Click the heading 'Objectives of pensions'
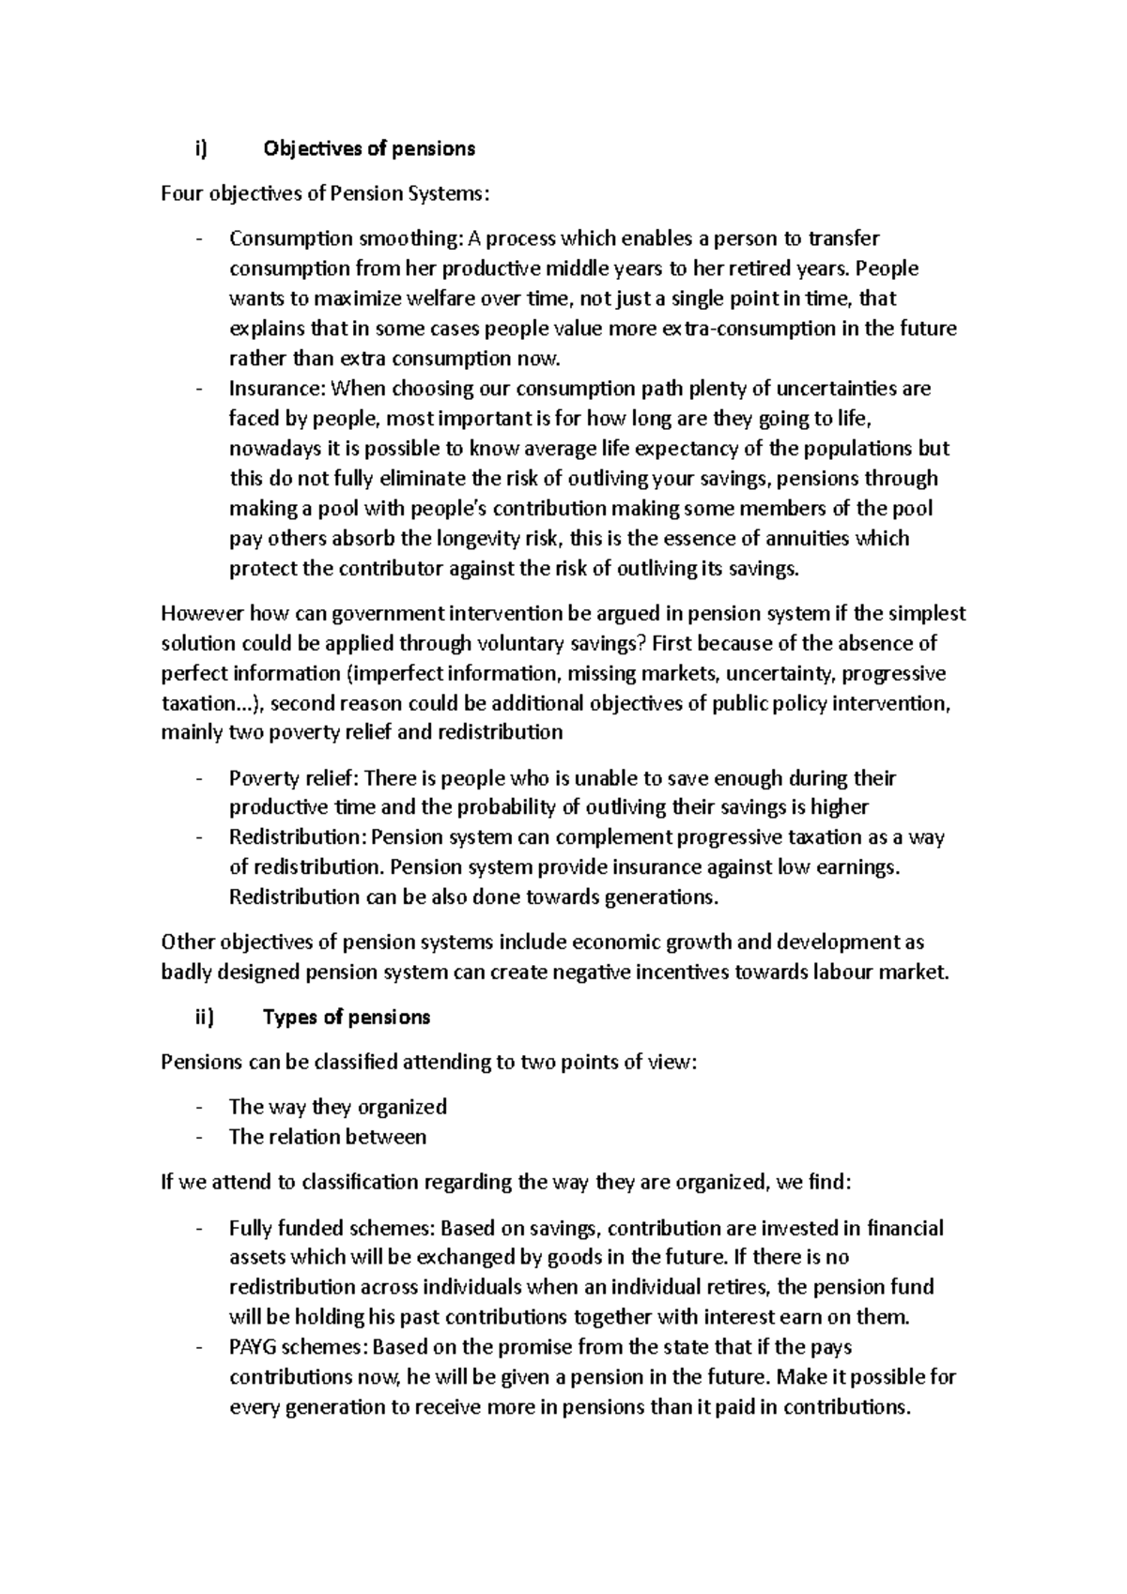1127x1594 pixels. point(369,148)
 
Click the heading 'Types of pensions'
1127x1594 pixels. point(347,1018)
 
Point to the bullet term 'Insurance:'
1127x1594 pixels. point(274,389)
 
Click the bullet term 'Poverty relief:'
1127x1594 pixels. point(294,778)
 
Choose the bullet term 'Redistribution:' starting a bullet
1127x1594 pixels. point(299,837)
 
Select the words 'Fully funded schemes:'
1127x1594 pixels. point(332,1228)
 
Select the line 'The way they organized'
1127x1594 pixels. point(337,1107)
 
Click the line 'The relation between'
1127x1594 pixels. point(327,1137)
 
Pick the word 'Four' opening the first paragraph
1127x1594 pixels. point(182,194)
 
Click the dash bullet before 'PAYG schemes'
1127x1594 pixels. point(199,1347)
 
